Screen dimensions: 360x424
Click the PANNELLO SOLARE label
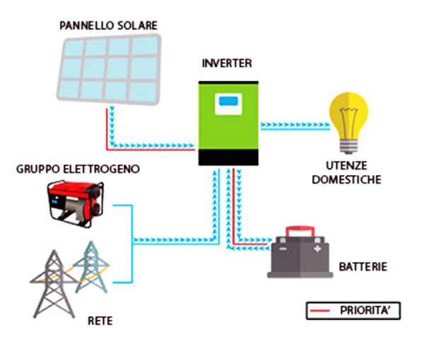(x=109, y=26)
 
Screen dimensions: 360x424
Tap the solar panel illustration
(x=110, y=68)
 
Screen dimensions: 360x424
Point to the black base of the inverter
(x=226, y=158)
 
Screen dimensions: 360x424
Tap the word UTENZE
(x=349, y=167)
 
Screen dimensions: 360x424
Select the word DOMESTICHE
(x=349, y=180)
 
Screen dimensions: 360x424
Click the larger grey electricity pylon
(x=52, y=282)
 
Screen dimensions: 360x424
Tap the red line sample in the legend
(x=322, y=310)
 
